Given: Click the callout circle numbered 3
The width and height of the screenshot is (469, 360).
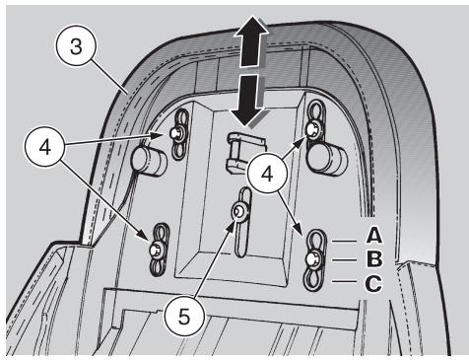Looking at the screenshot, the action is click(x=76, y=46).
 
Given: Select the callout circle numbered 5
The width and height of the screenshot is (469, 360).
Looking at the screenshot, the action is click(x=184, y=317).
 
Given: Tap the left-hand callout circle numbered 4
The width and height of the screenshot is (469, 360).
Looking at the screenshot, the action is click(x=45, y=147).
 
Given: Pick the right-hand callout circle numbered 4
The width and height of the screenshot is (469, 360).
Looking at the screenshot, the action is click(x=268, y=174).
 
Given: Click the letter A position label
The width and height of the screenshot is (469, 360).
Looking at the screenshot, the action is click(x=374, y=236).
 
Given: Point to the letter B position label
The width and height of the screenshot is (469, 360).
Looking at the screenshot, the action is click(x=374, y=259).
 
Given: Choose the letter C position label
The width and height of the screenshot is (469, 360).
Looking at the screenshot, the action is click(x=373, y=283).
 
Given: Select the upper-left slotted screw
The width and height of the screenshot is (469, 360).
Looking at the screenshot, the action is click(x=176, y=133).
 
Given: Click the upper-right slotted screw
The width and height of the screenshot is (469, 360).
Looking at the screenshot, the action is click(x=311, y=128).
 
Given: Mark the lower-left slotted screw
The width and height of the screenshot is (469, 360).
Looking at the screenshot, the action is click(x=155, y=251).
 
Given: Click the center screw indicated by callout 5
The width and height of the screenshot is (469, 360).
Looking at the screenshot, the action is click(x=238, y=212).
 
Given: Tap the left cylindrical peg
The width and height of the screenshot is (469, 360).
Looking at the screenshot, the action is click(x=149, y=161).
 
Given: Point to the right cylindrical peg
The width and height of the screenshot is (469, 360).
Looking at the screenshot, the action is click(x=327, y=160).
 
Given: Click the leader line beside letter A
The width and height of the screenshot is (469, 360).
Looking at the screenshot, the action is click(x=344, y=241).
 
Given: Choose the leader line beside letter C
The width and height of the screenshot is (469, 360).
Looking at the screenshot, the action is click(x=344, y=281).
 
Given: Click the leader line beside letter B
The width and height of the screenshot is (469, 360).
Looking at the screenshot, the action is click(x=344, y=259).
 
